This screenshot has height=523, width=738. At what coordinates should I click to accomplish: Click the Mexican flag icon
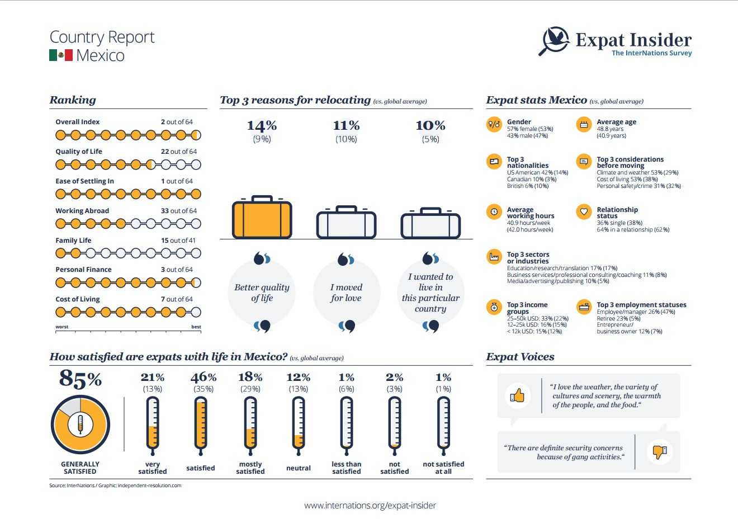pyautogui.click(x=61, y=55)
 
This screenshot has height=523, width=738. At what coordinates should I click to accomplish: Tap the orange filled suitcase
pyautogui.click(x=262, y=218)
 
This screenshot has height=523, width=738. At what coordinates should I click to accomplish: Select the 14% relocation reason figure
pyautogui.click(x=262, y=125)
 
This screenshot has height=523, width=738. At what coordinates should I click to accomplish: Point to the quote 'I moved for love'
pyautogui.click(x=346, y=293)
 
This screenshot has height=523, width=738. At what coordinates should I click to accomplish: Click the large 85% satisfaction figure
pyautogui.click(x=80, y=379)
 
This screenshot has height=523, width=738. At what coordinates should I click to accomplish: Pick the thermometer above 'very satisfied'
pyautogui.click(x=152, y=423)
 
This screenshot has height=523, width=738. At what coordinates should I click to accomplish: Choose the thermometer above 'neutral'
pyautogui.click(x=299, y=423)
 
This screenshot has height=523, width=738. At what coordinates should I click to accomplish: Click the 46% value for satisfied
pyautogui.click(x=204, y=378)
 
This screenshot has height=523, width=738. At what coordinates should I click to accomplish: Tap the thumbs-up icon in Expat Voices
pyautogui.click(x=518, y=396)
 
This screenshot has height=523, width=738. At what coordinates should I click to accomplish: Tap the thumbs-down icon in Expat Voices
pyautogui.click(x=660, y=451)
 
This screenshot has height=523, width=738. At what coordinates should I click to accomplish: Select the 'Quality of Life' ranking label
pyautogui.click(x=79, y=152)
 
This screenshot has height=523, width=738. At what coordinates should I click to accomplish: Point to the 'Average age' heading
pyautogui.click(x=616, y=122)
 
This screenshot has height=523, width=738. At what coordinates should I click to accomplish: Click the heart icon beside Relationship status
pyautogui.click(x=584, y=212)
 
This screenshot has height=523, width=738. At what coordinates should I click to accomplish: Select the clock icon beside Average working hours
pyautogui.click(x=494, y=212)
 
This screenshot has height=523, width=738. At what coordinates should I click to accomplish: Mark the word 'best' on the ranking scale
pyautogui.click(x=196, y=327)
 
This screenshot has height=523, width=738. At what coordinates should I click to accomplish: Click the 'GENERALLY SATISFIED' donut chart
pyautogui.click(x=80, y=425)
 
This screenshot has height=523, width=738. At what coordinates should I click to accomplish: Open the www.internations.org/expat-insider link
pyautogui.click(x=370, y=505)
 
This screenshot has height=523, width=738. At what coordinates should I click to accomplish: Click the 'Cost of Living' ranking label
pyautogui.click(x=78, y=299)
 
